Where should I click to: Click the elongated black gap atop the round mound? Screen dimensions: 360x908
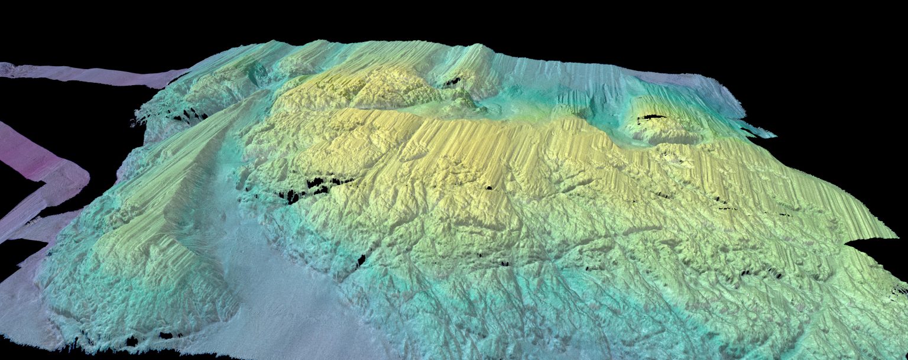click(650, 118)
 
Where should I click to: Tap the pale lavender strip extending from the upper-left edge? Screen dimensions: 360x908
click(89, 74)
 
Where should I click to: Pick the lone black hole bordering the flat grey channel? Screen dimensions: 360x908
click(361, 260)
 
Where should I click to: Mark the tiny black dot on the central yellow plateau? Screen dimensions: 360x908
click(489, 188)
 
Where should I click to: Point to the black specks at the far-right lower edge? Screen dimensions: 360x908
click(899, 290)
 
